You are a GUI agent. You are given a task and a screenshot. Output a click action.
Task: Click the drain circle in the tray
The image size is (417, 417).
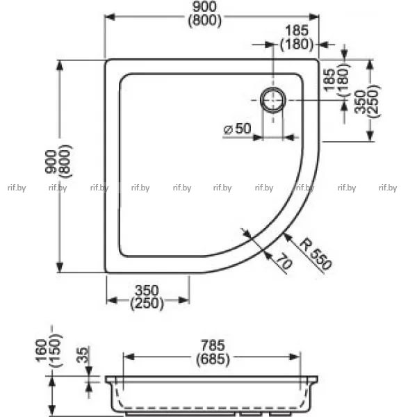[x=273, y=88]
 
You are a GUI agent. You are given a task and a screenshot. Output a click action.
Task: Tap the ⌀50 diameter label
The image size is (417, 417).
[x=237, y=129]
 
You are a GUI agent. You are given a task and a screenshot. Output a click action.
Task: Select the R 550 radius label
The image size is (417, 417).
[x=316, y=254]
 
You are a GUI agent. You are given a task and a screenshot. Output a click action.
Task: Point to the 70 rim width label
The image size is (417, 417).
[x=284, y=261]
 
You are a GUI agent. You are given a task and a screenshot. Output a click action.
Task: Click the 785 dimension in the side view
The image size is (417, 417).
[x=213, y=345]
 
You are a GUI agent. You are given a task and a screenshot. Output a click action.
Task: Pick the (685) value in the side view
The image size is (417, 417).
[x=213, y=359]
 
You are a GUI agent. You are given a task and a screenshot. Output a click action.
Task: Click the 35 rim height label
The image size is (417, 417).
[x=82, y=354]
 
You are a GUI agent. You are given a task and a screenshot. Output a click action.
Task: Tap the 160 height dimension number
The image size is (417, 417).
[x=42, y=350]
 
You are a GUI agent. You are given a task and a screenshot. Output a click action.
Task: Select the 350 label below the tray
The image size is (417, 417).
[x=147, y=291]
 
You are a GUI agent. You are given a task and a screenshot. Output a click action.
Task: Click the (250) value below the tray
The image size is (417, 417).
[x=147, y=304]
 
